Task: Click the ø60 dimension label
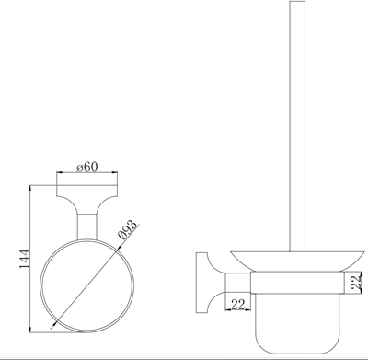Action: (86, 168)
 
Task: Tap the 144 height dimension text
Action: (25, 259)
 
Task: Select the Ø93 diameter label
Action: (127, 230)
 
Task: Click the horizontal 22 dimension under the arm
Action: (238, 305)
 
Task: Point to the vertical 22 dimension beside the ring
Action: (356, 282)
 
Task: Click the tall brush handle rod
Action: (297, 126)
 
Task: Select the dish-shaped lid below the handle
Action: (298, 261)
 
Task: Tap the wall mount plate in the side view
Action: (201, 283)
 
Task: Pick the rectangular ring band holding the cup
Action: (297, 283)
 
